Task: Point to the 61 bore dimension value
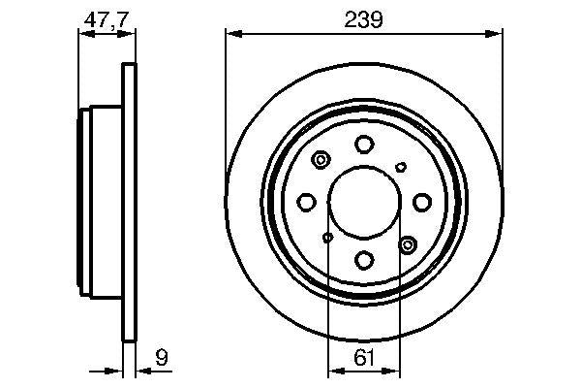[x=363, y=357]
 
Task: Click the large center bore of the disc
[x=364, y=202]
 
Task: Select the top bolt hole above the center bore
[x=364, y=145]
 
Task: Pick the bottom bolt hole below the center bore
[x=364, y=260]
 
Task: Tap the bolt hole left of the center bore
[x=307, y=202]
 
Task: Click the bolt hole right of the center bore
[x=421, y=202]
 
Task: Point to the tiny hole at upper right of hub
[x=401, y=167]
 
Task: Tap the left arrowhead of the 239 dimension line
[x=230, y=34]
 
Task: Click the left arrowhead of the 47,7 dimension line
[x=82, y=34]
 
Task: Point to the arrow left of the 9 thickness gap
[x=117, y=370]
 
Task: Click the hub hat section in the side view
[x=100, y=202]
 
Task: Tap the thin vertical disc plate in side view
[x=127, y=202]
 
